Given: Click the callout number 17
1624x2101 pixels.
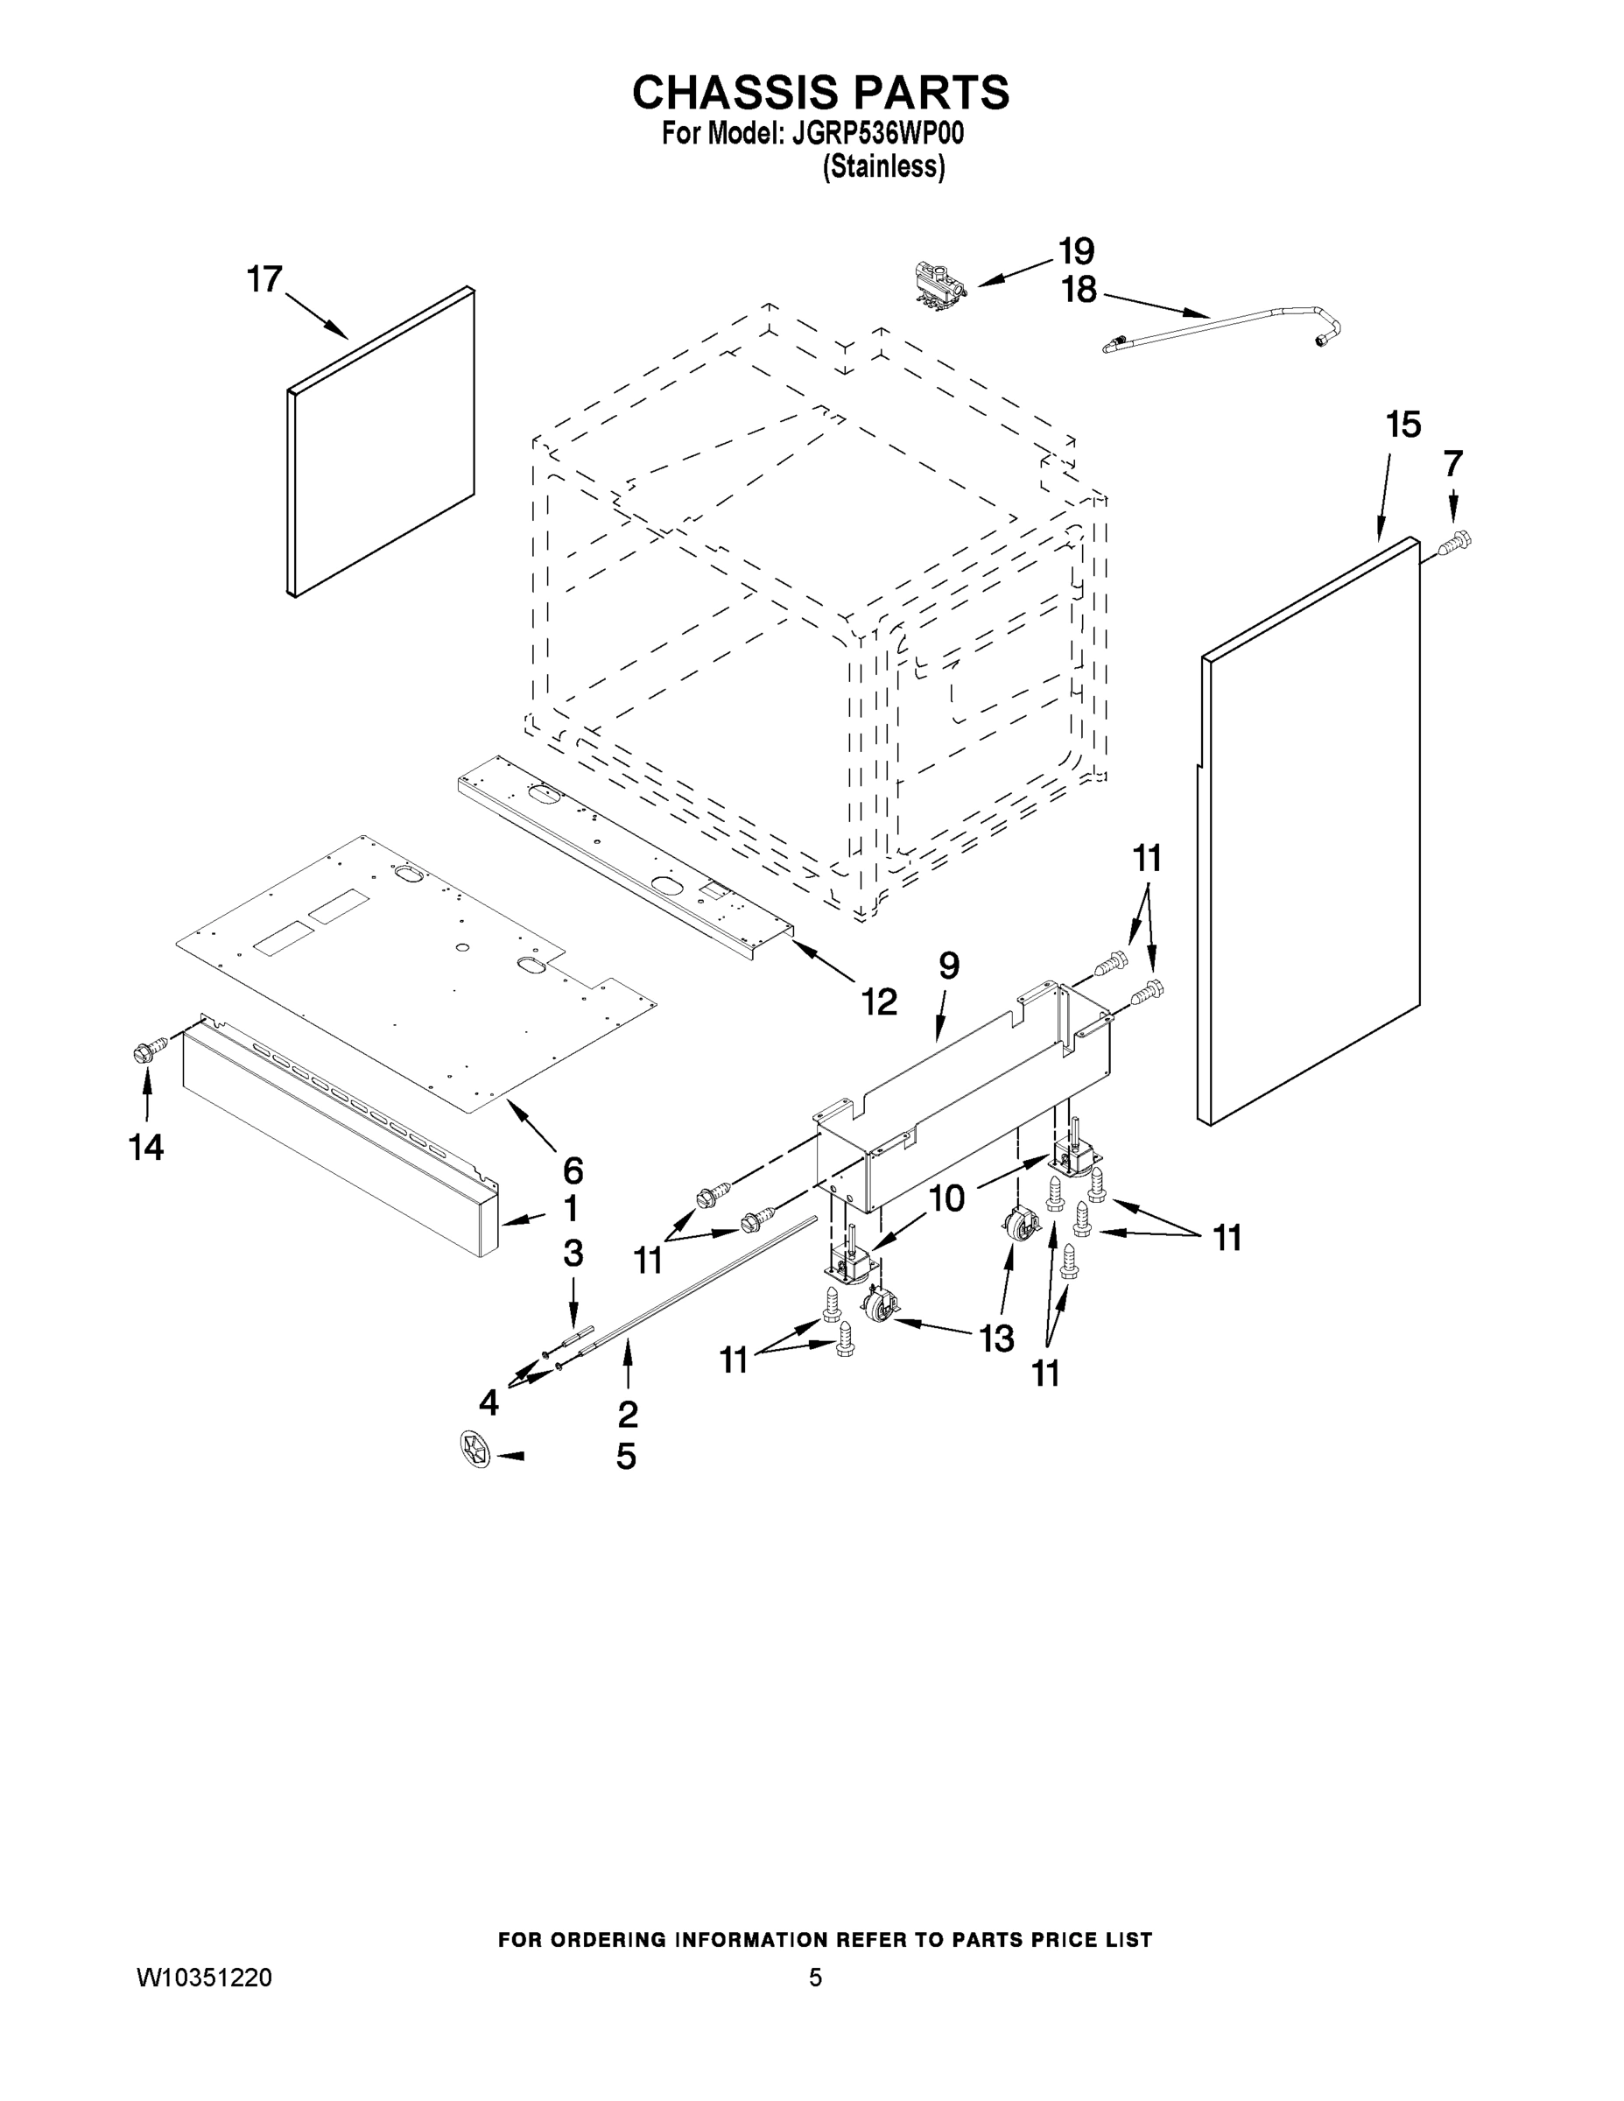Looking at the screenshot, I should pyautogui.click(x=264, y=279).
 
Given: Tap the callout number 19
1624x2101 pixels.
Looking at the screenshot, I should pyautogui.click(x=1077, y=251).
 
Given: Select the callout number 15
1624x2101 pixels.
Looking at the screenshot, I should pyautogui.click(x=1403, y=425).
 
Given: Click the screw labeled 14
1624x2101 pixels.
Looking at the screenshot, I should pyautogui.click(x=147, y=1052).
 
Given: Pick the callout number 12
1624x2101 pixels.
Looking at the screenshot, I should pyautogui.click(x=879, y=1001).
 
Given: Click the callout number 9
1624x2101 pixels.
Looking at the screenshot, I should pyautogui.click(x=949, y=965).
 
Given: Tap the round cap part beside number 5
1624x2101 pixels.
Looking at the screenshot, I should pyautogui.click(x=475, y=1448).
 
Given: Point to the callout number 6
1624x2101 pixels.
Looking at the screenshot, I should pyautogui.click(x=573, y=1170).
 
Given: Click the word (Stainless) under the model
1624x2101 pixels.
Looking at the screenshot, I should pyautogui.click(x=883, y=166).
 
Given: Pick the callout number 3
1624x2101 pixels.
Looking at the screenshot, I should pyautogui.click(x=573, y=1253).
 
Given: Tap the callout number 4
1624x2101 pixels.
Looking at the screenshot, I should pyautogui.click(x=489, y=1402).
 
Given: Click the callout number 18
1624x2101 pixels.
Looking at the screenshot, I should pyautogui.click(x=1079, y=290).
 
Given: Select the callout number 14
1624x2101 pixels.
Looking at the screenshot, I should pyautogui.click(x=147, y=1147).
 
